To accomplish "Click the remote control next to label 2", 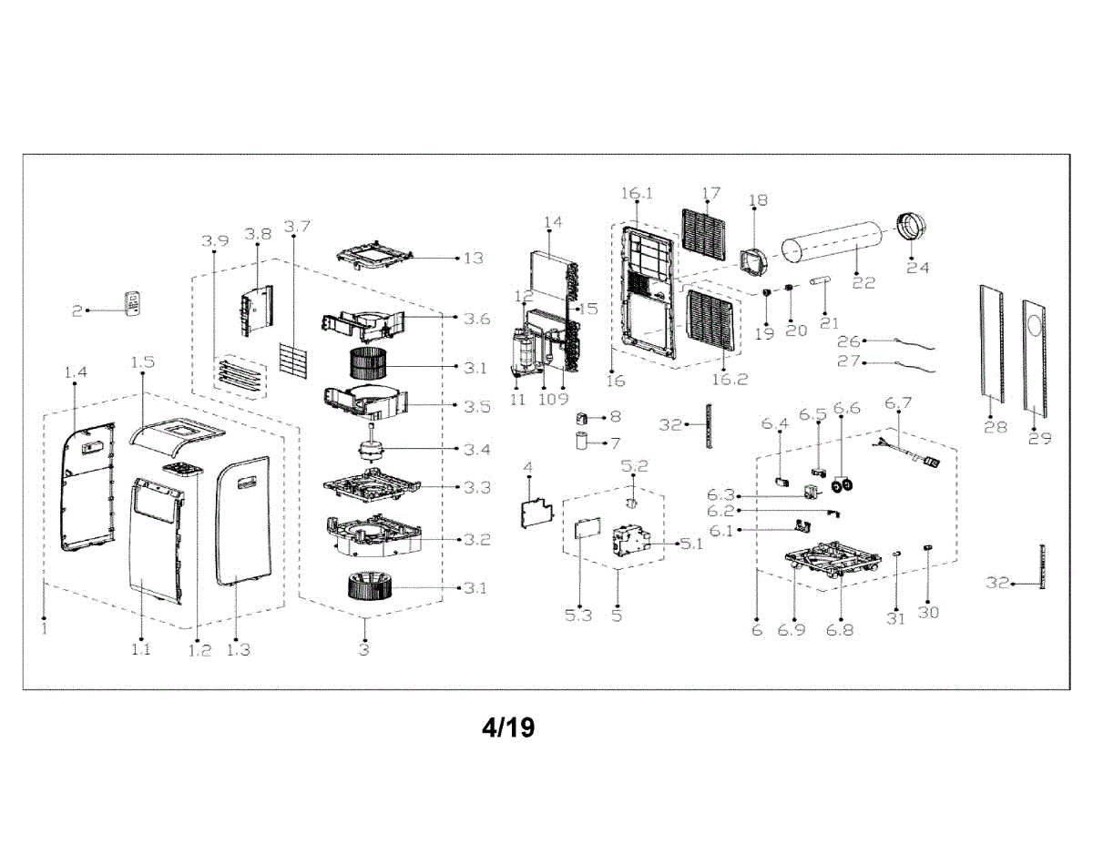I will click(x=134, y=304).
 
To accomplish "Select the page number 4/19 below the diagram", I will click(x=508, y=727).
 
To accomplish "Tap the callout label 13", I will click(x=473, y=258).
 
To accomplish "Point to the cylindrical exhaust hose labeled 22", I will click(x=833, y=247).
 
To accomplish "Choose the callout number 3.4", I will click(x=476, y=450).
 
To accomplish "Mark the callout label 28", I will click(x=996, y=426).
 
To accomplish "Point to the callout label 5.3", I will click(x=578, y=615).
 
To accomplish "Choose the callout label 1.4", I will click(x=76, y=371).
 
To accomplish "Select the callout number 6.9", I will click(x=792, y=630).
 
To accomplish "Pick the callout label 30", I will click(x=928, y=613).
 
